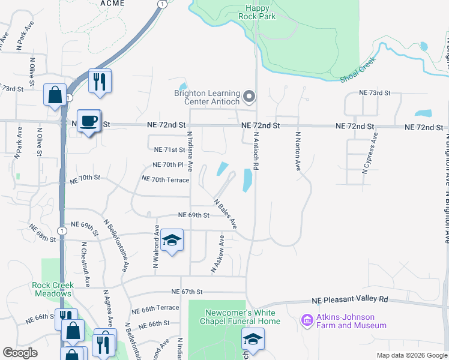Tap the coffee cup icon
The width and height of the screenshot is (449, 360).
click(x=89, y=121)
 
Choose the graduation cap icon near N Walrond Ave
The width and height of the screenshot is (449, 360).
click(x=172, y=241)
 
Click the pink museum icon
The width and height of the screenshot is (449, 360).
click(x=308, y=321)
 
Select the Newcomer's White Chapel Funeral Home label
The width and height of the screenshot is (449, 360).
click(x=240, y=317)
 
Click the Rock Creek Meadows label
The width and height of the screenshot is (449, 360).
click(x=53, y=289)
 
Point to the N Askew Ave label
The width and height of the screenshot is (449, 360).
click(x=217, y=254)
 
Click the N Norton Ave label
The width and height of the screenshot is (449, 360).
click(x=297, y=152)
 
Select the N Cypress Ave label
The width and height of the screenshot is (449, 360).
click(x=370, y=154)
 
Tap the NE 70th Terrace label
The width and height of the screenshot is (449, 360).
click(x=165, y=179)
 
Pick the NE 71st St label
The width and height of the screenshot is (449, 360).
click(x=170, y=150)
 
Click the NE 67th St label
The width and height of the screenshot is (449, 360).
click(x=187, y=292)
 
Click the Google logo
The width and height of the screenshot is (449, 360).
click(x=20, y=353)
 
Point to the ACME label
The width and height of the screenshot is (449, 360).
click(x=96, y=3)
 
